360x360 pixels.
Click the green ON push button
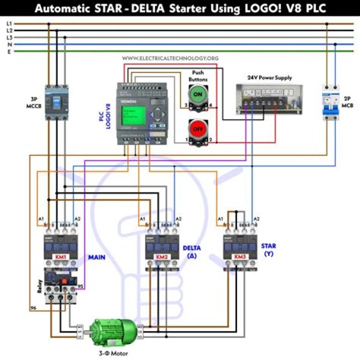click(x=197, y=93)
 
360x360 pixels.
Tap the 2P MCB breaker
click(x=331, y=102)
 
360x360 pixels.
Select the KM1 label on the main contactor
click(x=60, y=257)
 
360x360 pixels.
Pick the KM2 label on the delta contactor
click(x=161, y=257)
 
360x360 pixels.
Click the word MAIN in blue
click(x=96, y=257)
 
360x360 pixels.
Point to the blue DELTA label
click(x=191, y=247)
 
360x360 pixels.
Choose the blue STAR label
click(x=268, y=246)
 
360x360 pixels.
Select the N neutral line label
click(x=9, y=44)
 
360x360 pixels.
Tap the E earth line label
click(x=9, y=51)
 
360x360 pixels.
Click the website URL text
click(x=170, y=58)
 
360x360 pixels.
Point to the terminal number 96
click(x=33, y=308)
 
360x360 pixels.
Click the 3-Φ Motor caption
click(x=113, y=353)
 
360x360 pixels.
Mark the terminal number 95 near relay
click(x=80, y=286)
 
